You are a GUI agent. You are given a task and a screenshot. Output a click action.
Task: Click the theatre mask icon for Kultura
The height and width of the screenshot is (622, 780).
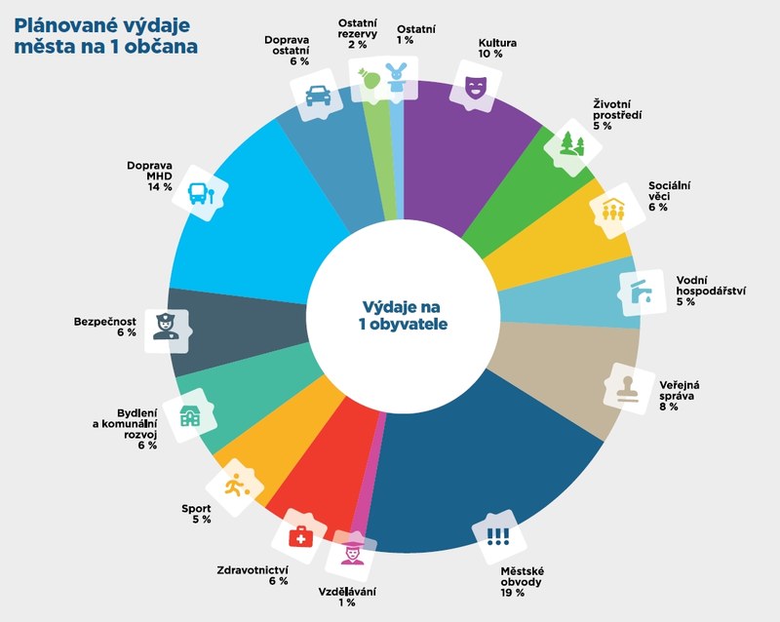pos(475,86)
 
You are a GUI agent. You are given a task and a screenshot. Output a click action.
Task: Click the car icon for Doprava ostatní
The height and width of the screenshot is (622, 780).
pos(317,96)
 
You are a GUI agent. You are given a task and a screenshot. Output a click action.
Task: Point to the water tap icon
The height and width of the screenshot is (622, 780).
pos(640,292)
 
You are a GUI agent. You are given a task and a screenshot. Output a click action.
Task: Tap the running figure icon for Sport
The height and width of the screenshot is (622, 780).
pos(234,485)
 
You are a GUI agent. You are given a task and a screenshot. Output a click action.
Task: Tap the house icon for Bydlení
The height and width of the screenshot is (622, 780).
pos(187,416)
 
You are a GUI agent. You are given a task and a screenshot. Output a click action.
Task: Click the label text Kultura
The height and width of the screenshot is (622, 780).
pos(497,44)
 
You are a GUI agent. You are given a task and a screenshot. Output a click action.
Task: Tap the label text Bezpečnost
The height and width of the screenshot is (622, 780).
pos(105,320)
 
